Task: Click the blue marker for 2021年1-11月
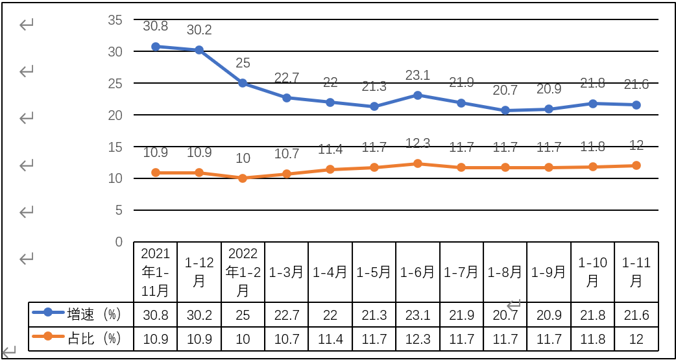pyautogui.click(x=156, y=47)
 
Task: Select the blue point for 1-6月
pyautogui.click(x=418, y=95)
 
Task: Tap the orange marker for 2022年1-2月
pyautogui.click(x=243, y=178)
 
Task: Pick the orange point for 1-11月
pyautogui.click(x=636, y=165)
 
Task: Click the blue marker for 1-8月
pyautogui.click(x=505, y=110)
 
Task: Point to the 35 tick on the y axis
pyautogui.click(x=115, y=20)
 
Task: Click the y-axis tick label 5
pyautogui.click(x=118, y=210)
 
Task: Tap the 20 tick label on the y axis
pyautogui.click(x=115, y=115)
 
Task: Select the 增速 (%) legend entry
pyautogui.click(x=81, y=315)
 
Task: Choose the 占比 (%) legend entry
pyautogui.click(x=81, y=338)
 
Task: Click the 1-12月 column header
pyautogui.click(x=199, y=272)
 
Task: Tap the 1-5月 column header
pyautogui.click(x=374, y=272)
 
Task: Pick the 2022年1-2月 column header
pyautogui.click(x=243, y=272)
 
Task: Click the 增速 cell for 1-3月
pyautogui.click(x=287, y=315)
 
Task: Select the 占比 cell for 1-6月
pyautogui.click(x=418, y=339)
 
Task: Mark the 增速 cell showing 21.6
pyautogui.click(x=636, y=315)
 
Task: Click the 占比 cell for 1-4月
pyautogui.click(x=330, y=339)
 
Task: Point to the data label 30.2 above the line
pyautogui.click(x=199, y=30)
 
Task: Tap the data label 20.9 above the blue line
pyautogui.click(x=549, y=90)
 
